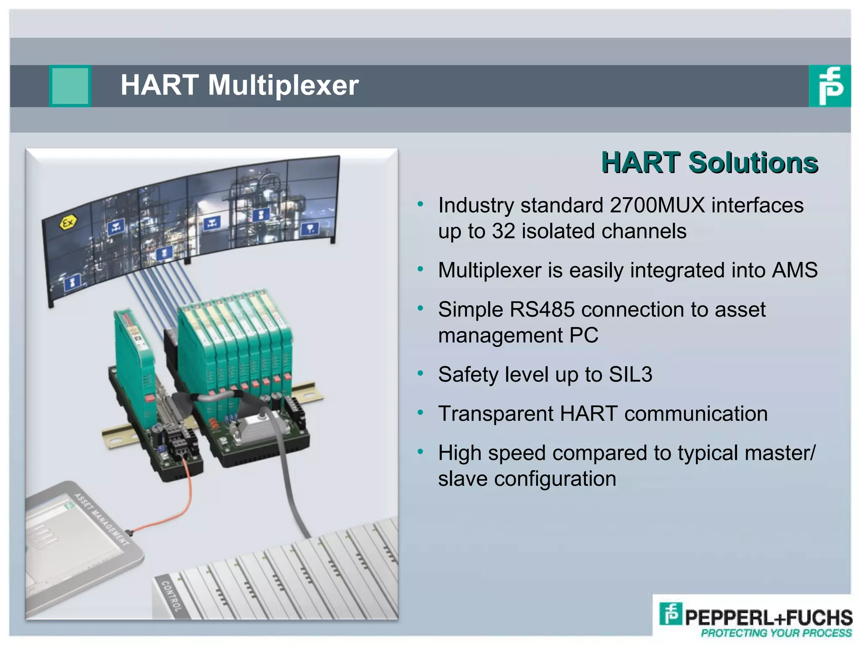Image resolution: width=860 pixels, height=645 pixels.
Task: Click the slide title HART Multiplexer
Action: click(239, 85)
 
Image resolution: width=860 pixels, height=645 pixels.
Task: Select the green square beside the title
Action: click(70, 86)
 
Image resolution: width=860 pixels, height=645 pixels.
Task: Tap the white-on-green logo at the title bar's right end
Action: click(829, 86)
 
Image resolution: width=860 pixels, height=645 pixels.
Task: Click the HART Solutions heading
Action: click(709, 163)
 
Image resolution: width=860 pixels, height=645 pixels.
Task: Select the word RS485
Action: click(542, 310)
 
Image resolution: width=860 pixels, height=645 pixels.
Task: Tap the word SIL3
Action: click(630, 375)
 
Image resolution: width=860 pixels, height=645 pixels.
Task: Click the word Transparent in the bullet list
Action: click(496, 414)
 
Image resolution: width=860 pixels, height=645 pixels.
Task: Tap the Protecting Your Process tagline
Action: click(776, 633)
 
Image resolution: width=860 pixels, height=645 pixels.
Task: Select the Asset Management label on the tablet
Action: click(102, 519)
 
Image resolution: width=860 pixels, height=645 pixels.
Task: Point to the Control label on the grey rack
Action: click(171, 595)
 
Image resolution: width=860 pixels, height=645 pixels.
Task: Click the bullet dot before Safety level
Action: click(420, 373)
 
